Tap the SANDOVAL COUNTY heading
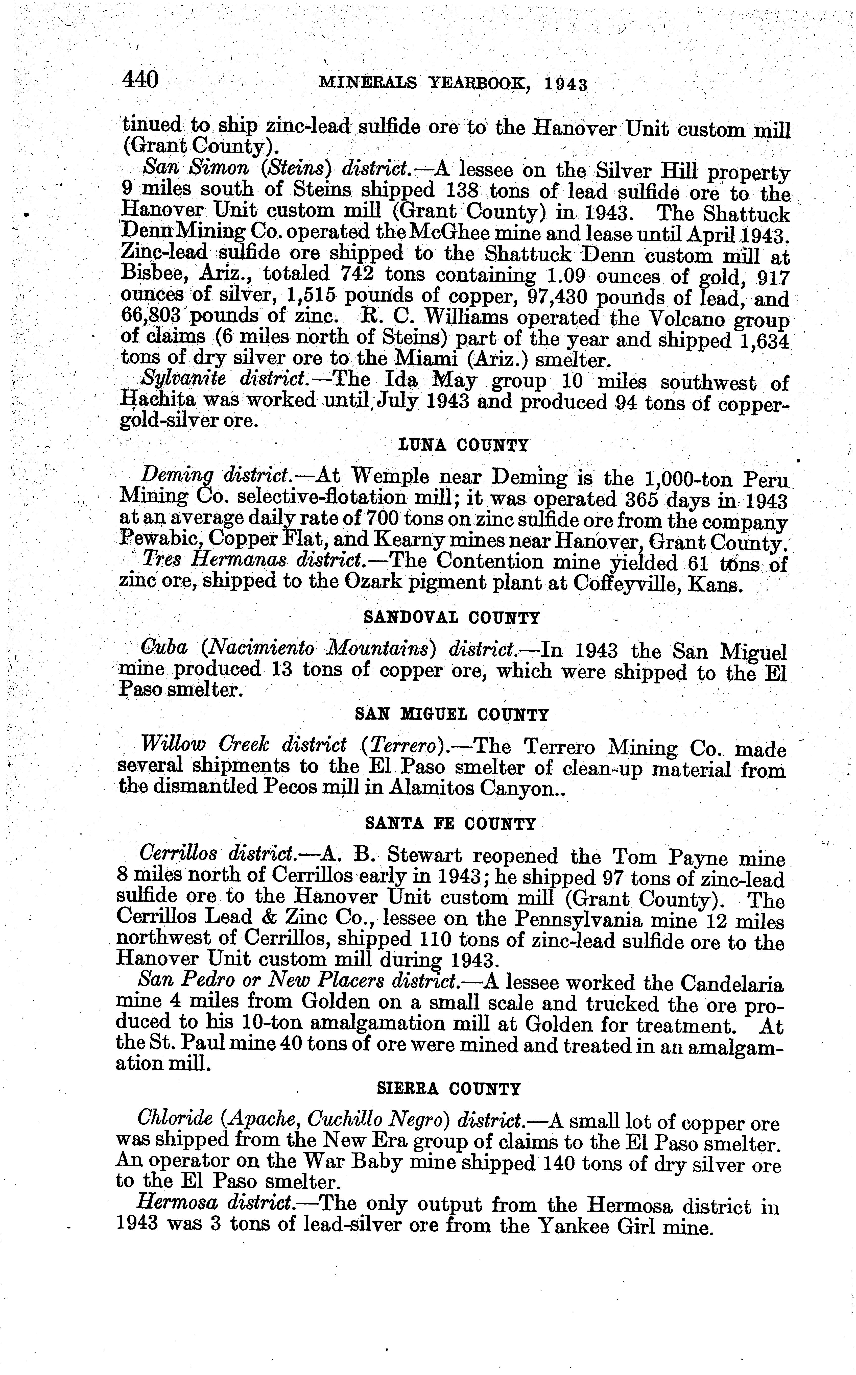click(451, 617)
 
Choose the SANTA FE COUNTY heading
click(450, 824)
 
